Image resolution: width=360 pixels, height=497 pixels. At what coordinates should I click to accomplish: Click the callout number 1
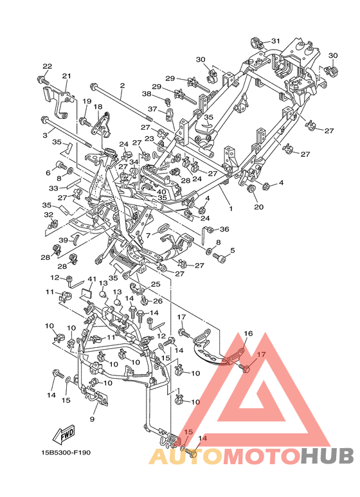point(231,208)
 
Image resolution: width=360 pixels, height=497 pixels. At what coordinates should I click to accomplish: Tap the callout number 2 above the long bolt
point(122,86)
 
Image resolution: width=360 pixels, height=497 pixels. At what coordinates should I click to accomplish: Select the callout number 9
point(92,419)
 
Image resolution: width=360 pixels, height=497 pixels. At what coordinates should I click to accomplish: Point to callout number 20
point(259,207)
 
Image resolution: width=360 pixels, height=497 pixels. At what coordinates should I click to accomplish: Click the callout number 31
point(276,41)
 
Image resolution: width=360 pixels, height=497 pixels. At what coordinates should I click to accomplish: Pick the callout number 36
point(224,229)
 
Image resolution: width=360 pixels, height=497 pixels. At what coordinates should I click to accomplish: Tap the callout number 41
point(92,279)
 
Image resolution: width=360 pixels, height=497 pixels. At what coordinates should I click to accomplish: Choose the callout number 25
point(156,284)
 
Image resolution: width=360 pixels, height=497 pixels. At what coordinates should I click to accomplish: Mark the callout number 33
point(53,188)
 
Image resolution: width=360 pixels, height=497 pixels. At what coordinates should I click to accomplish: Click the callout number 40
point(161,192)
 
